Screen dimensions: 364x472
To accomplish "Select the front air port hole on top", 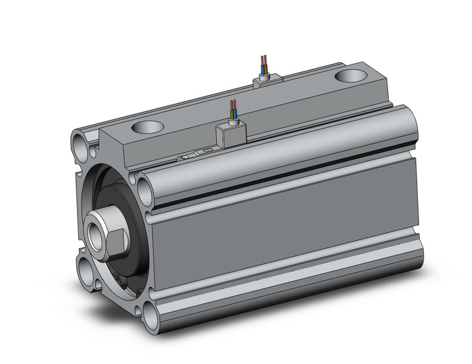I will tap(147, 128).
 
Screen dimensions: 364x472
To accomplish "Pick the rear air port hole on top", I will tap(351, 77).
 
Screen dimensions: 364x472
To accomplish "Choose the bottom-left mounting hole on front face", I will tap(84, 269).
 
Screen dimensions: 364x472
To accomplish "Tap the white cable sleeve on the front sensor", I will tap(232, 122).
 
